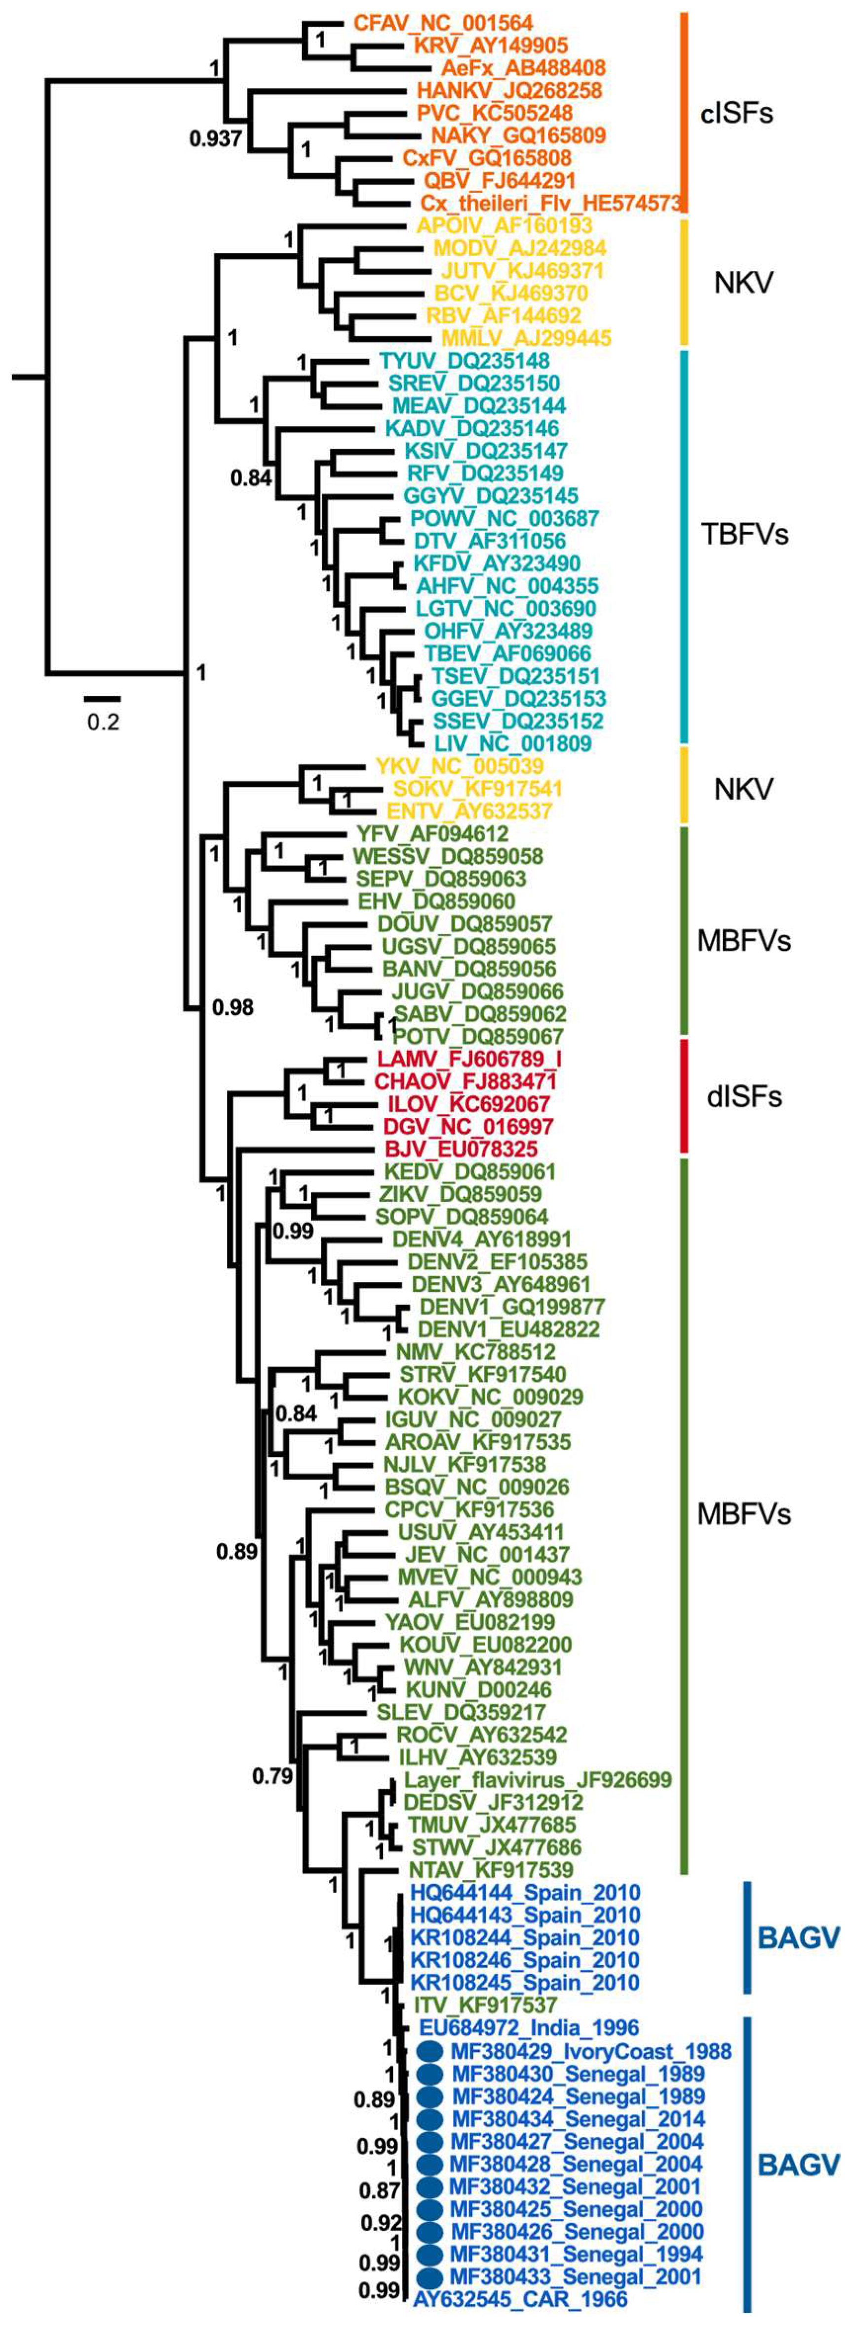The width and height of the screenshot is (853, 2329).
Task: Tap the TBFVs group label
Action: click(x=744, y=534)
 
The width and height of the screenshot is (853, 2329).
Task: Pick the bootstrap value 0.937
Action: click(x=215, y=138)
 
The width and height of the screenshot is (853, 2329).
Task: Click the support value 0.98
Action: click(x=232, y=1006)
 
